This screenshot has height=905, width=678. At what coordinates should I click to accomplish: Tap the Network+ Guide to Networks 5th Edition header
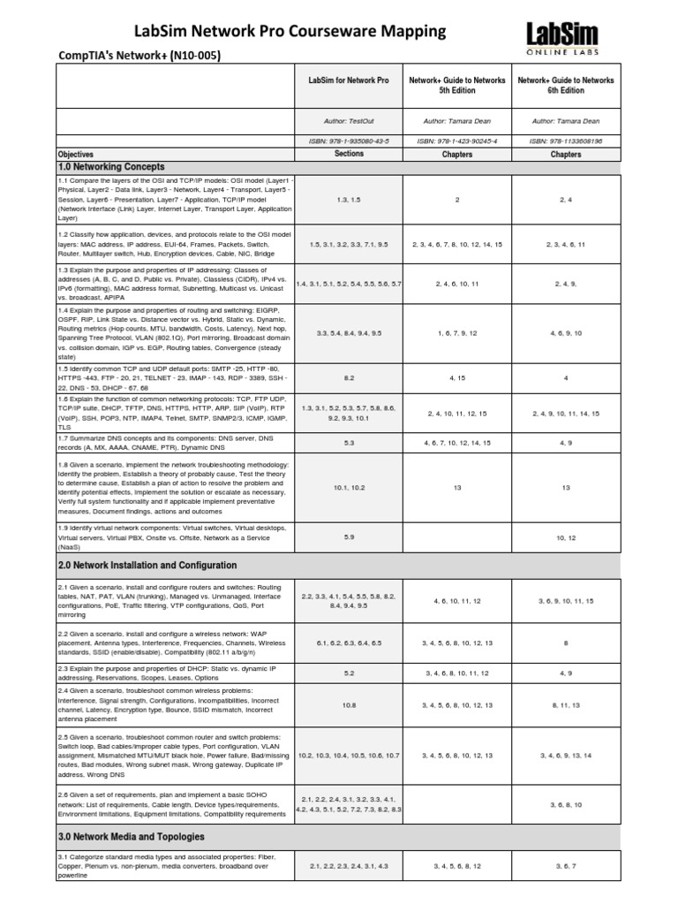[x=456, y=86]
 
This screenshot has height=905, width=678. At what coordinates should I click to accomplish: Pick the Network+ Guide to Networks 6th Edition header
[x=566, y=86]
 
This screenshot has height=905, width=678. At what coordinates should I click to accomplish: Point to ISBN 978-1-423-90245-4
[x=456, y=141]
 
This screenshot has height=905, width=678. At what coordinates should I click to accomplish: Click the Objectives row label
[x=75, y=154]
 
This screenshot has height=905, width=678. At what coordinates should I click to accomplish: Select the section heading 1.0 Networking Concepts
[x=111, y=166]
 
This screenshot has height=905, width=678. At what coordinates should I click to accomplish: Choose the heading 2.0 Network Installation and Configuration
[x=147, y=565]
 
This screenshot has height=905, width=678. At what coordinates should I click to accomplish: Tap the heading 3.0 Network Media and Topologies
[x=131, y=836]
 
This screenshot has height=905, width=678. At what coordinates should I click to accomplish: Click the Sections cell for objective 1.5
[x=348, y=377]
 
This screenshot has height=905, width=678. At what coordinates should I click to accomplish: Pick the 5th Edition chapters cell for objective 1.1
[x=456, y=200]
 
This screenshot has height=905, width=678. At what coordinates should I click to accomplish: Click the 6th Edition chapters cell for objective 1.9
[x=566, y=536]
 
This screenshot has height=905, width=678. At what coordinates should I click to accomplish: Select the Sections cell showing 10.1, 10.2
[x=348, y=487]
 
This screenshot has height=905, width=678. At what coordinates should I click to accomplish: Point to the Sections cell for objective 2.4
[x=348, y=704]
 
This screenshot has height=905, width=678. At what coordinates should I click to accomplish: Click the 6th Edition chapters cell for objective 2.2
[x=566, y=643]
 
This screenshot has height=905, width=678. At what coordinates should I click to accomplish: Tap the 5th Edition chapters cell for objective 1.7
[x=456, y=442]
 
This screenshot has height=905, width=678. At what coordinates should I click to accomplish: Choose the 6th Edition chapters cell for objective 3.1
[x=566, y=866]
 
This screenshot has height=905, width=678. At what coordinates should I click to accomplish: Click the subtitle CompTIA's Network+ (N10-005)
[x=139, y=56]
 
